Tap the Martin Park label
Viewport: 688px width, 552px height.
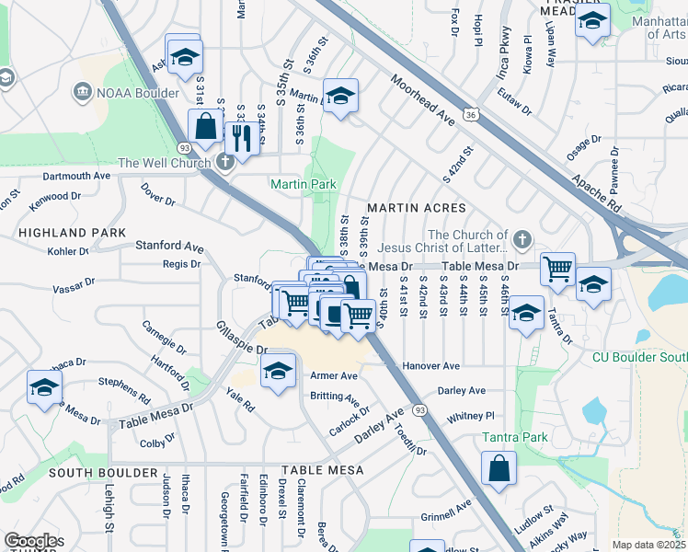[303, 185]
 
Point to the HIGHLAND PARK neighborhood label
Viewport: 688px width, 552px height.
[64, 234]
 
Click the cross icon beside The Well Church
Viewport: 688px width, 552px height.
[225, 163]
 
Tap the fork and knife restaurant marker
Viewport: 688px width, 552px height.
[242, 138]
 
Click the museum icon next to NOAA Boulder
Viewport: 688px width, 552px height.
[82, 90]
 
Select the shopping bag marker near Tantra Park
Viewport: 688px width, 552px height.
[498, 468]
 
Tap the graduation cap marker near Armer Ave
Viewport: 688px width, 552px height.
[276, 372]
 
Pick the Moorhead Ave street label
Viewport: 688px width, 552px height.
[422, 101]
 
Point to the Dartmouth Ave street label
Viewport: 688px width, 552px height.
[75, 175]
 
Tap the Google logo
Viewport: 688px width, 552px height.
[31, 541]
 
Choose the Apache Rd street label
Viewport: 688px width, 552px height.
[597, 190]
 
